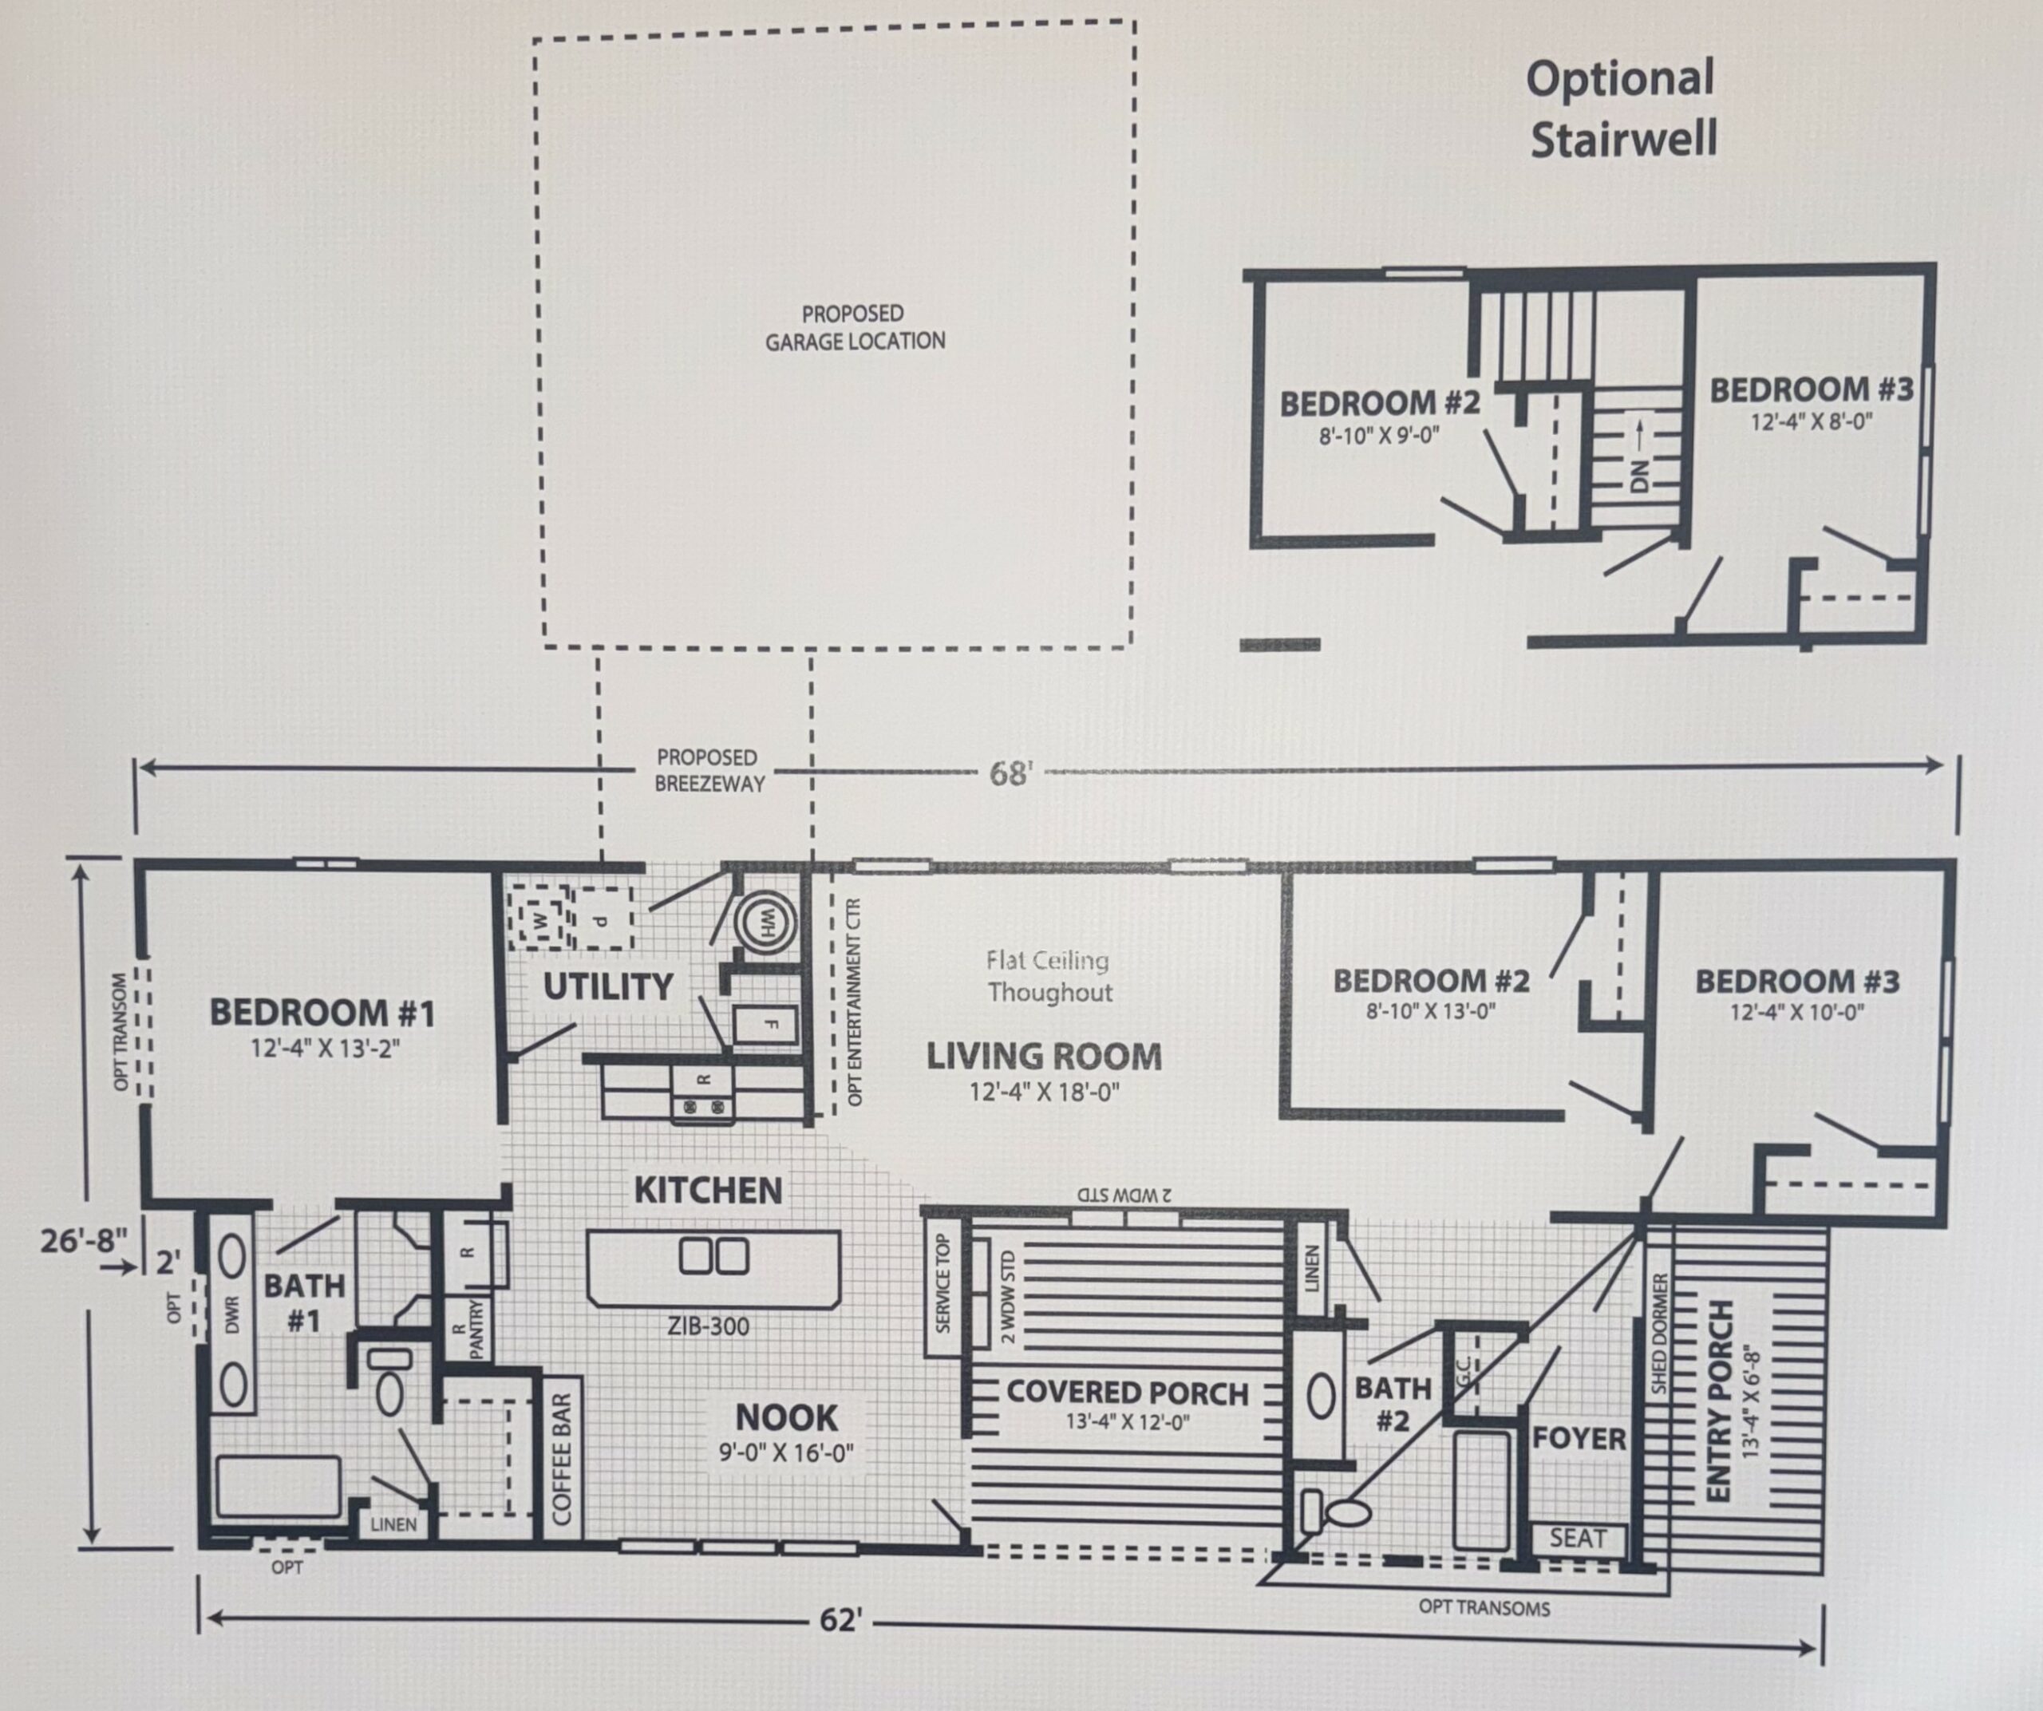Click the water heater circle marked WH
click(765, 920)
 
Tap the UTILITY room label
click(608, 986)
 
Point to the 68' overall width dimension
click(1009, 773)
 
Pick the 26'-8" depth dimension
click(84, 1241)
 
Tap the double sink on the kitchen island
click(714, 1256)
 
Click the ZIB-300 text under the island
click(708, 1326)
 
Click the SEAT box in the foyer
click(1578, 1539)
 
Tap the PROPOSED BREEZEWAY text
click(709, 770)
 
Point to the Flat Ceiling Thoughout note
click(1049, 977)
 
